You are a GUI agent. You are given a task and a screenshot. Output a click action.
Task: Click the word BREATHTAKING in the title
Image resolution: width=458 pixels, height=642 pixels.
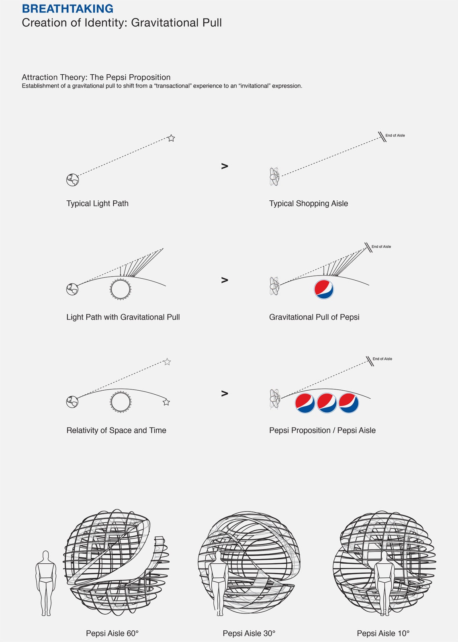tap(67, 8)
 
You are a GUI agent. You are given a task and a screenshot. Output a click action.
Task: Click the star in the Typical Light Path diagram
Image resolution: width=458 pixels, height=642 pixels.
tap(171, 138)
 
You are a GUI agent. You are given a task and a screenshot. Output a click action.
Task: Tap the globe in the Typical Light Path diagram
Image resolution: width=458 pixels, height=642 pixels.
tap(73, 180)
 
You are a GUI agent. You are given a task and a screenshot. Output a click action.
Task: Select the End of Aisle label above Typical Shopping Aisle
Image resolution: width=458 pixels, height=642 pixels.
tap(395, 135)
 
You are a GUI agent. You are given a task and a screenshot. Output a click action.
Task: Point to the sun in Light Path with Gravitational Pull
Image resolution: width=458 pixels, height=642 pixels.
tap(121, 289)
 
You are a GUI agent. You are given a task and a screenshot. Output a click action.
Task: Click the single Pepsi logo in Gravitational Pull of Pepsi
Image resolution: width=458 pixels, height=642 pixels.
tap(324, 289)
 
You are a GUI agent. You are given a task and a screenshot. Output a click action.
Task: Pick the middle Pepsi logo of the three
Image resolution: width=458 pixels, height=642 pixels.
tap(327, 403)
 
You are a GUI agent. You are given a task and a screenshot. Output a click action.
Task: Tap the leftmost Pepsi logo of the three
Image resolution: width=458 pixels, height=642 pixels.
tap(305, 403)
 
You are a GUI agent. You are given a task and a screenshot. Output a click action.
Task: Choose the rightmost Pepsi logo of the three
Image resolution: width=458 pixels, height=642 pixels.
tap(349, 403)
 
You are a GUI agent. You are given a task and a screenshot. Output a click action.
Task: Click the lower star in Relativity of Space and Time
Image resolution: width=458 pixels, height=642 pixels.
tap(166, 402)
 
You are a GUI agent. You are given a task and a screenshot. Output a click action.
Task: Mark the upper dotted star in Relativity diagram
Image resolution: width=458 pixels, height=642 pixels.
tap(167, 362)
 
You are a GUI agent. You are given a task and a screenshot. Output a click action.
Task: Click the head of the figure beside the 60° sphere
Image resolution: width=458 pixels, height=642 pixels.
tap(45, 556)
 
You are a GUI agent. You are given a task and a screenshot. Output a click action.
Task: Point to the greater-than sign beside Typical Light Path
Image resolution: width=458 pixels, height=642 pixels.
tap(225, 166)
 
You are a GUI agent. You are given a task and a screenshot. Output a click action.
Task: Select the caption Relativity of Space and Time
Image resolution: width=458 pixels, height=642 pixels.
tap(117, 430)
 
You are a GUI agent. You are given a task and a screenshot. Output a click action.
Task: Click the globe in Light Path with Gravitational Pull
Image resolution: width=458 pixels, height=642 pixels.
tap(72, 289)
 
